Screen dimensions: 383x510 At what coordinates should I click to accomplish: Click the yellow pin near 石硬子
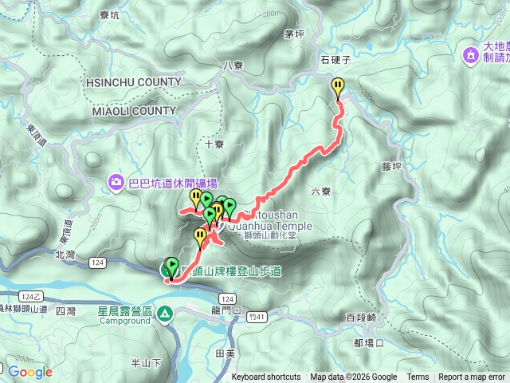pyautogui.click(x=339, y=87)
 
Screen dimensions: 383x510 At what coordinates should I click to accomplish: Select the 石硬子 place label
pyautogui.click(x=335, y=60)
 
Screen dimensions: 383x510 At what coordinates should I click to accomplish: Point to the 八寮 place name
pyautogui.click(x=233, y=65)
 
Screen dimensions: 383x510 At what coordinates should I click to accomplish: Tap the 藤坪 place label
pyautogui.click(x=391, y=167)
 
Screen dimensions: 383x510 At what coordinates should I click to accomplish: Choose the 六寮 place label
pyautogui.click(x=320, y=191)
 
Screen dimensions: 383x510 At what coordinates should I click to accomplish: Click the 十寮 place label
pyautogui.click(x=214, y=144)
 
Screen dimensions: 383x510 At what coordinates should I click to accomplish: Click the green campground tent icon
pyautogui.click(x=164, y=314)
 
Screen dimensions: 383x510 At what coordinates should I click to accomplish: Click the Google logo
pyautogui.click(x=30, y=372)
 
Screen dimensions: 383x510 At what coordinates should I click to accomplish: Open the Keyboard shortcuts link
pyautogui.click(x=266, y=377)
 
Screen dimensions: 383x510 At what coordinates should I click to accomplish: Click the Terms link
pyautogui.click(x=418, y=377)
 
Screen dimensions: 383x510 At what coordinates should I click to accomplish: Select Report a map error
pyautogui.click(x=472, y=377)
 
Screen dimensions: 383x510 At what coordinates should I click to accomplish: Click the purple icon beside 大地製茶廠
pyautogui.click(x=471, y=54)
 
